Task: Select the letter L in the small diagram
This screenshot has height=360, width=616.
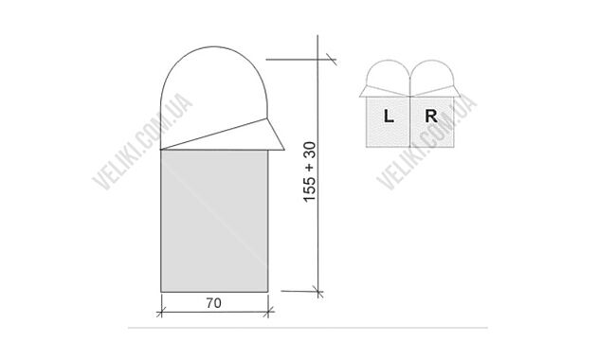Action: [390, 117]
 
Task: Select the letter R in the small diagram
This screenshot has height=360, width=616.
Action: [430, 117]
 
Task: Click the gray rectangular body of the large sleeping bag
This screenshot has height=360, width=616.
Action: [217, 218]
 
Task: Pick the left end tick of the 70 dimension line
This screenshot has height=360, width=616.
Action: [163, 306]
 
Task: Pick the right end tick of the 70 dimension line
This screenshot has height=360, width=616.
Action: [272, 306]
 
